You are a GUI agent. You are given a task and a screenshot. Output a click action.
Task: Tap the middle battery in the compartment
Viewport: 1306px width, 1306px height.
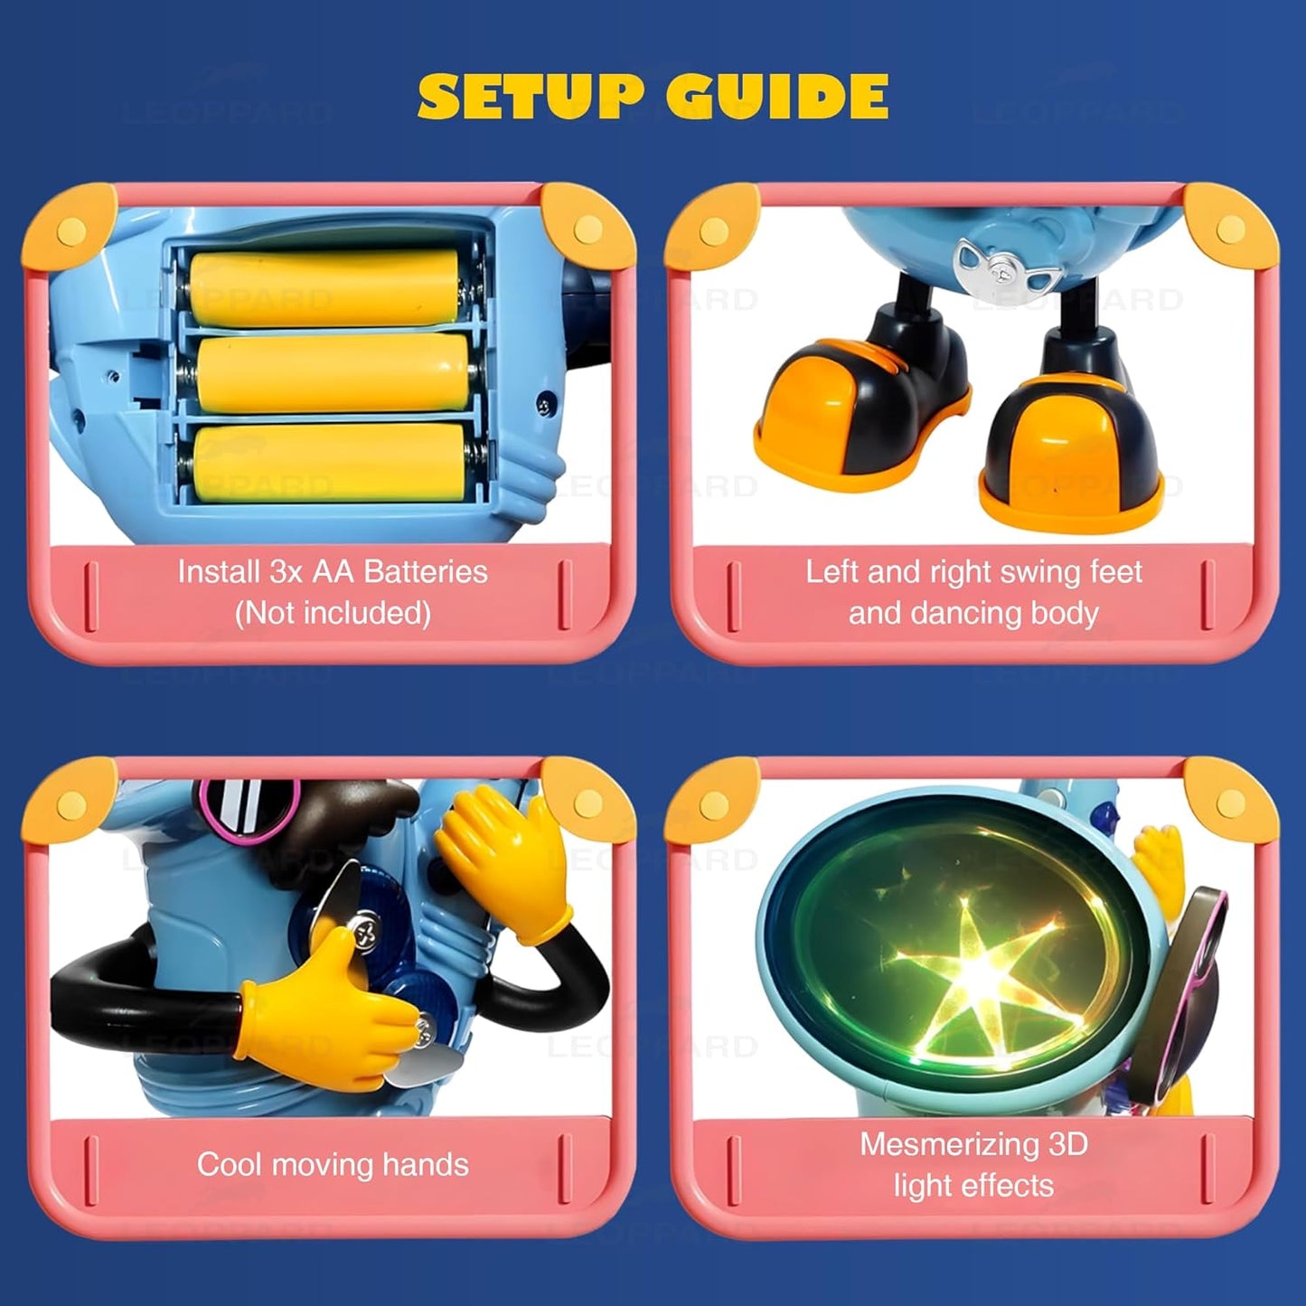click(332, 374)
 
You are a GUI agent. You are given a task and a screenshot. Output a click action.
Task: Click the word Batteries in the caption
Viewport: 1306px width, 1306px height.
click(426, 572)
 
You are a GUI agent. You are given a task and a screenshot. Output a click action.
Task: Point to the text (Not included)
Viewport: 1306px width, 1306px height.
click(333, 614)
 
